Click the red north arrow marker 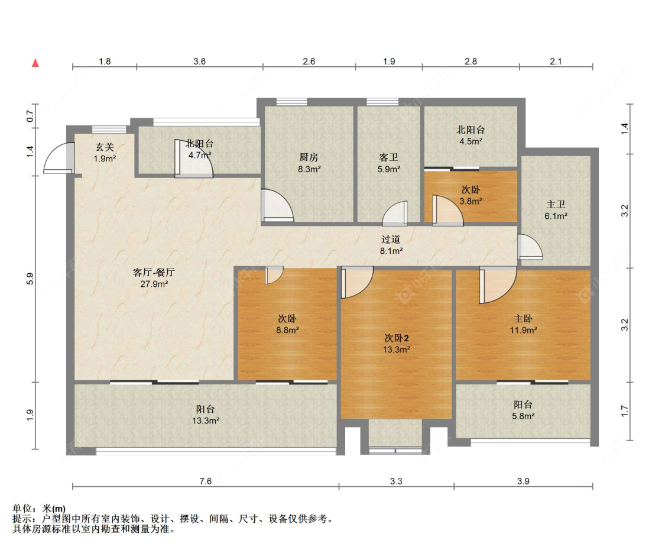coord(35,63)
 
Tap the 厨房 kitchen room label coord(309,157)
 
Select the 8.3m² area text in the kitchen coord(309,169)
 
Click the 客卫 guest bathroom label coord(389,157)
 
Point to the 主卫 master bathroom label coord(556,205)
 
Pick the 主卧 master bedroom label coord(523,318)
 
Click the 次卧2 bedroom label coord(397,338)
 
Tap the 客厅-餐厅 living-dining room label coord(154,273)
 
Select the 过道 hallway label coord(391,240)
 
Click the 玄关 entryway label coord(105,147)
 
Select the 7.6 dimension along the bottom coord(206,481)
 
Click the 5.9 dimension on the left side coord(30,279)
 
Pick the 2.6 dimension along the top coord(309,62)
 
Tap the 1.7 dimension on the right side coord(624,411)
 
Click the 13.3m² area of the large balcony coord(206,421)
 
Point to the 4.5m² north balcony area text coord(471,141)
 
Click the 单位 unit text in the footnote coord(22,509)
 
